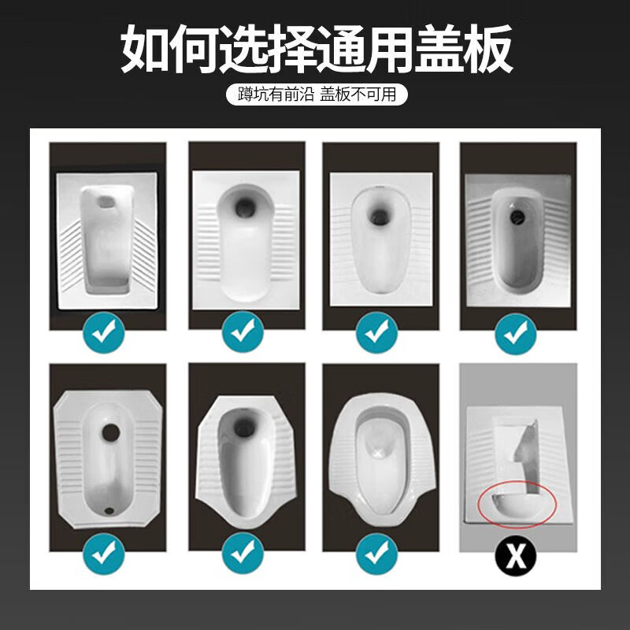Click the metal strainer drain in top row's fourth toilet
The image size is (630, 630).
517,212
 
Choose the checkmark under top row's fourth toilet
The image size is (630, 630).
516,333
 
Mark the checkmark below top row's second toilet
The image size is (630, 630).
241,333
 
